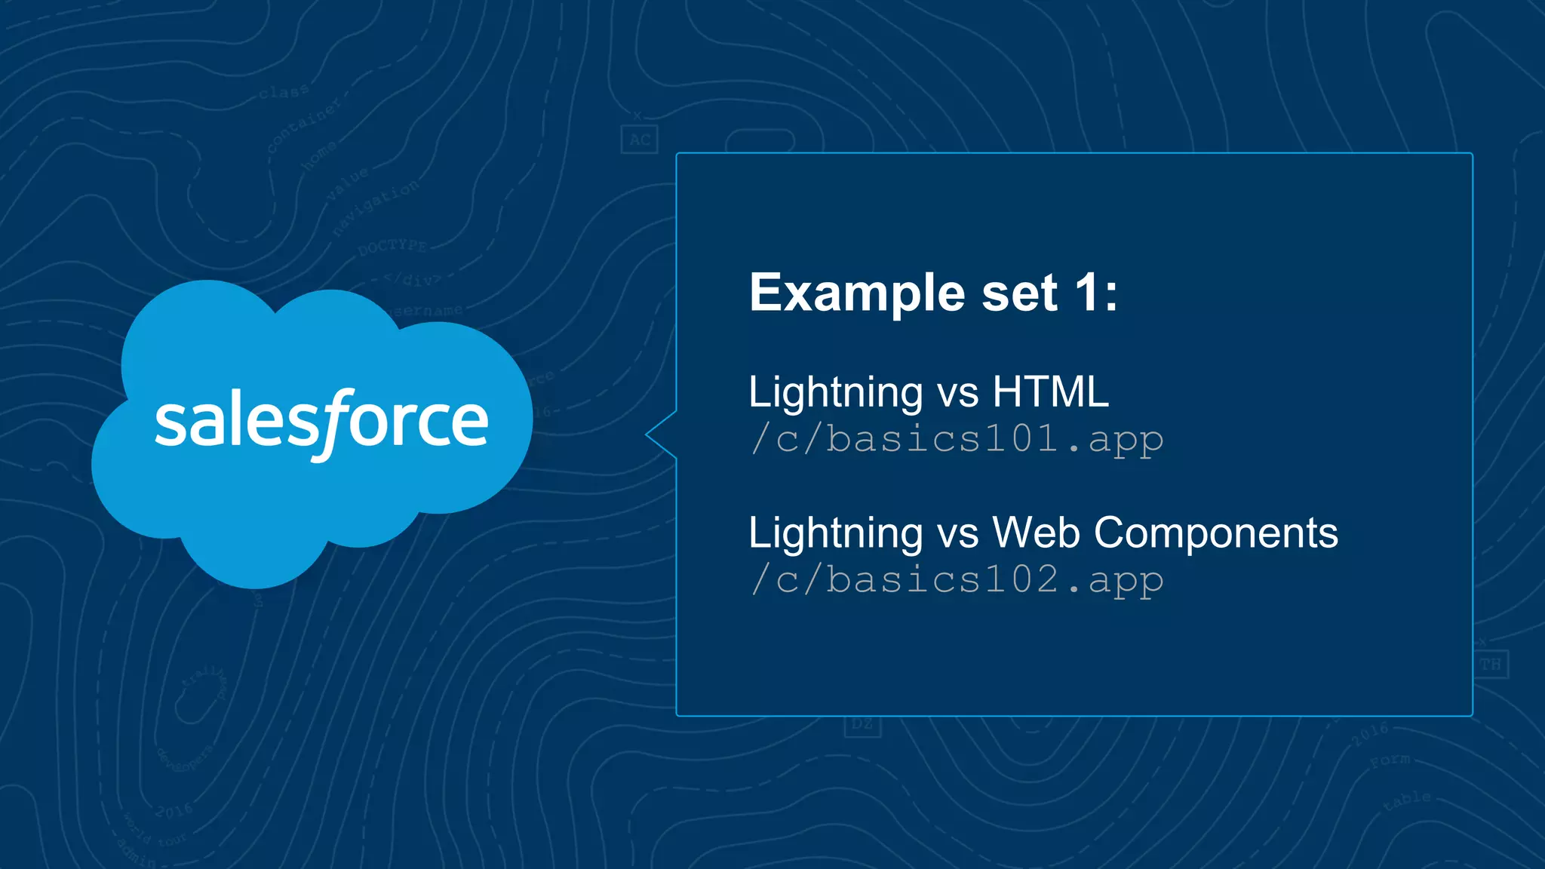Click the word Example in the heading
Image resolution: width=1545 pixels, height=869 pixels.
coord(856,293)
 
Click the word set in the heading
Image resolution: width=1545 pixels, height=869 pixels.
coord(1019,293)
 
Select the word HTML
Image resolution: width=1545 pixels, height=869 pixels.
coord(1050,392)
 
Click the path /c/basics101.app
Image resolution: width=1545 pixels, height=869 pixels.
coord(957,439)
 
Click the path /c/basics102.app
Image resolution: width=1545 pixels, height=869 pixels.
coord(957,580)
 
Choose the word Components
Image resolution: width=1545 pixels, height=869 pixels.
coord(1215,534)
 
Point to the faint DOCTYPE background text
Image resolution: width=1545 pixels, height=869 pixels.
coord(392,247)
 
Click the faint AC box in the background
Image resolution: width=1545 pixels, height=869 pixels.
coord(640,140)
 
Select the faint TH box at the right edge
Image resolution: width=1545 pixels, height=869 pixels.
coord(1490,665)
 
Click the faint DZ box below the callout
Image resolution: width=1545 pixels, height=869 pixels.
coord(862,725)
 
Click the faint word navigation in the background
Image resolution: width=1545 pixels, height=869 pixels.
coord(376,207)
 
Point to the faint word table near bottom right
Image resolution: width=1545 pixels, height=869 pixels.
coord(1408,801)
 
